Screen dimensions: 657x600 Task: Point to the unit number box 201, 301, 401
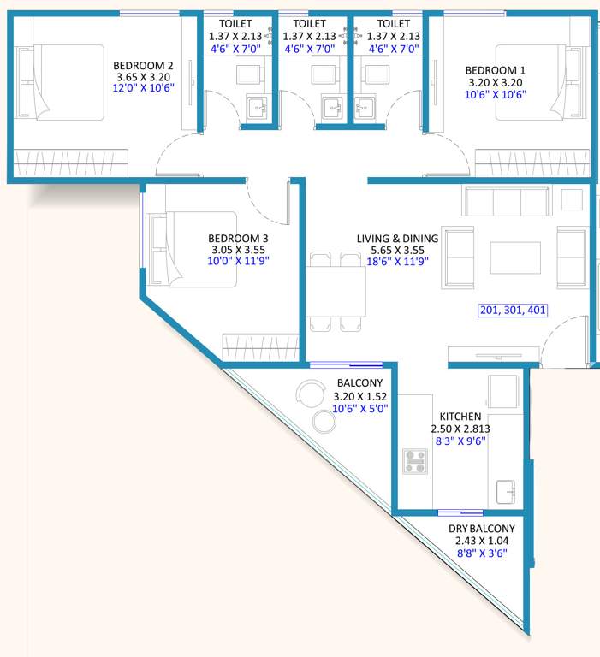coord(511,311)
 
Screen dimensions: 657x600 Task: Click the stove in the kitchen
coord(416,460)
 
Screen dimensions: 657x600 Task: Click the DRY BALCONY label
coord(482,529)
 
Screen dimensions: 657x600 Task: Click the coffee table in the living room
coord(514,257)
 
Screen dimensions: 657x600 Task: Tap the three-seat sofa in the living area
coord(504,202)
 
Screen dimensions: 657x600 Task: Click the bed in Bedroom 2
coord(67,81)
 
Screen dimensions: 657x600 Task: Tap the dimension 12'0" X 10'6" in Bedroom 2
coord(145,89)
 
